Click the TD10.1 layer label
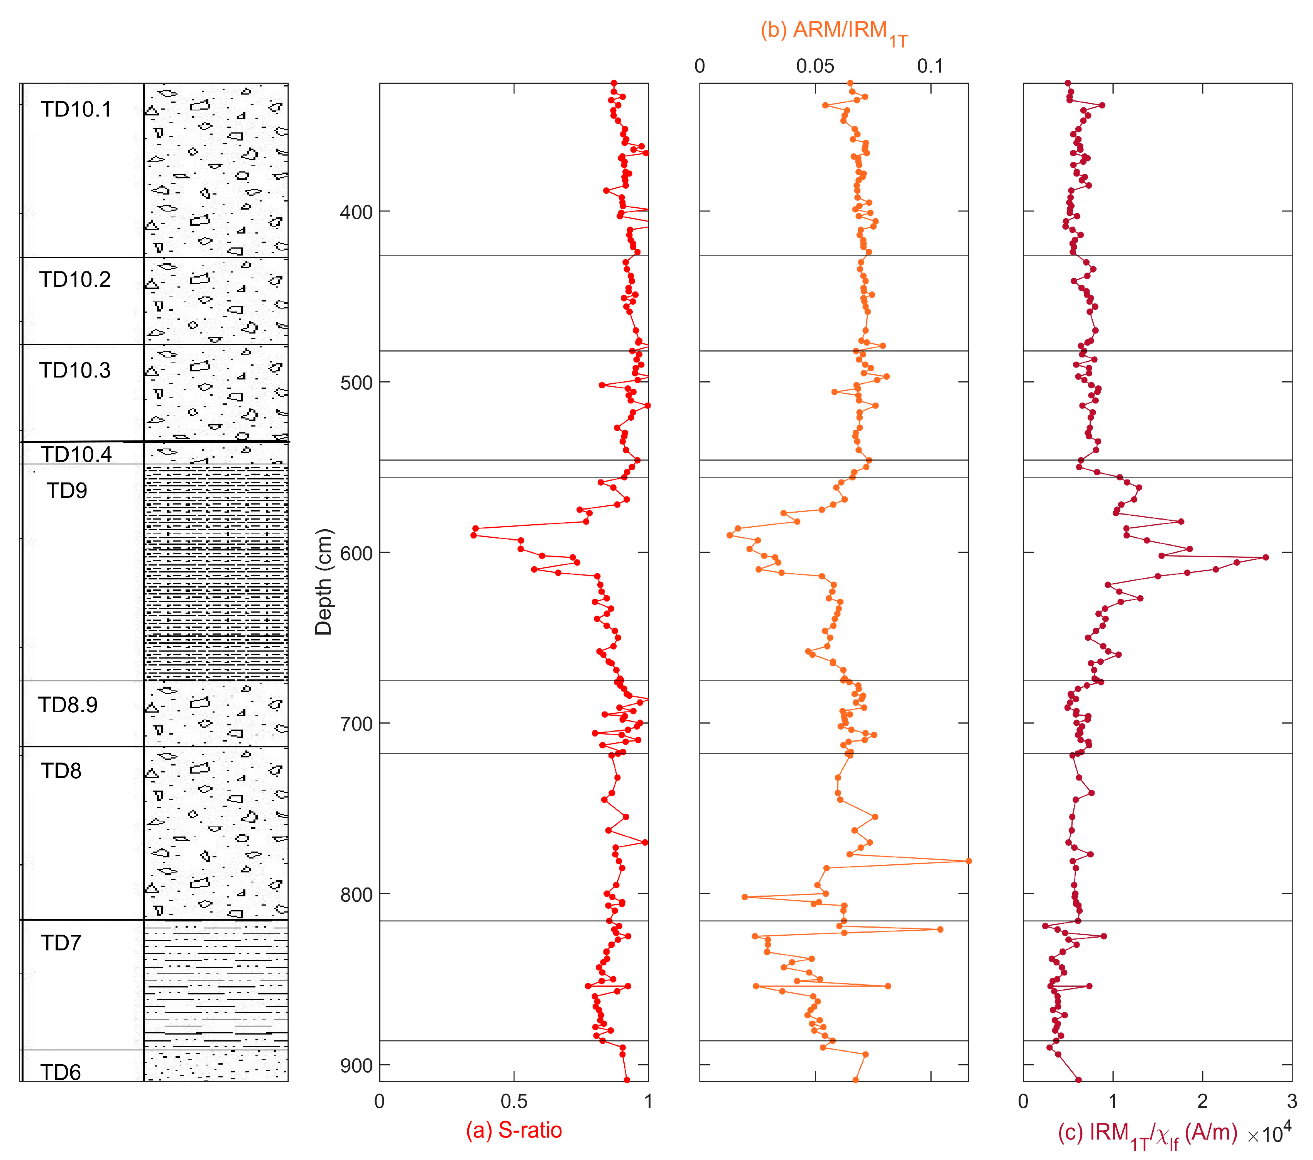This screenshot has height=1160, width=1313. click(x=76, y=110)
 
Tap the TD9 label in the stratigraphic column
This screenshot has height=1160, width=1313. click(x=67, y=491)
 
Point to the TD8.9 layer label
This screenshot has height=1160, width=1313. click(x=68, y=705)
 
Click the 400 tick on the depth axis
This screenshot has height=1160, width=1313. click(x=356, y=212)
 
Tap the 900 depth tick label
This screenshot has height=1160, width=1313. click(x=356, y=1065)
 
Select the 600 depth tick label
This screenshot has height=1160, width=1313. click(x=356, y=553)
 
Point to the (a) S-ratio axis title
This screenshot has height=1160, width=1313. click(x=514, y=1130)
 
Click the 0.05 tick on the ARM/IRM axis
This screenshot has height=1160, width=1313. click(x=815, y=66)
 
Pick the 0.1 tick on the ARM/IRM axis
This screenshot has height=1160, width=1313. click(x=930, y=66)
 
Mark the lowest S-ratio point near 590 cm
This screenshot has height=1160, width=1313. click(x=473, y=535)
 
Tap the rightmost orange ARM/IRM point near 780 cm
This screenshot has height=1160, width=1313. click(x=968, y=861)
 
